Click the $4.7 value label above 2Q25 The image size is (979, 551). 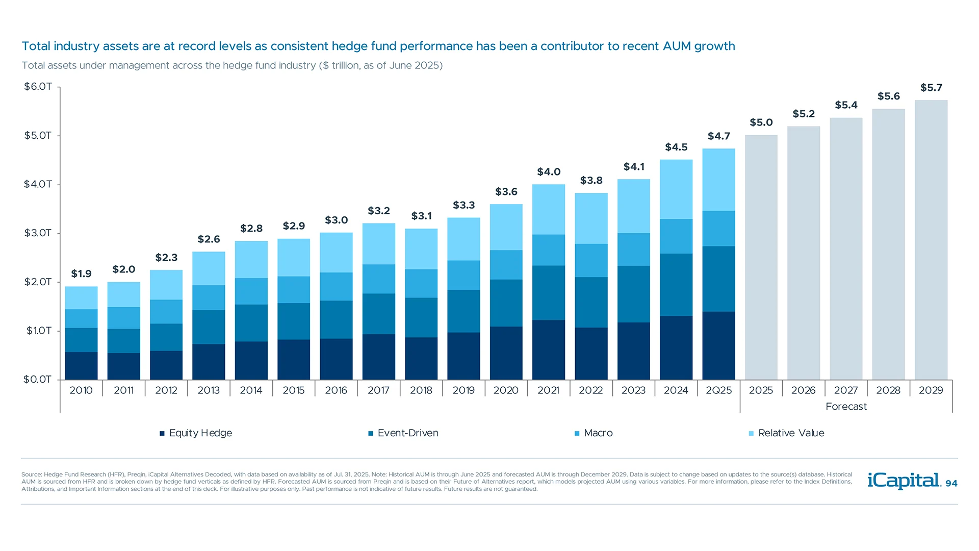pos(718,136)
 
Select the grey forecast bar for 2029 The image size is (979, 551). pos(931,240)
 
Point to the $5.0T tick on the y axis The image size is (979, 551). pos(38,136)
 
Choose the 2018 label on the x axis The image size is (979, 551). pos(421,390)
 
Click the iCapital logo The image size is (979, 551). pos(904,481)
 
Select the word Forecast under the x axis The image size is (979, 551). pos(846,407)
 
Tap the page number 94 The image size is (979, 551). pos(951,484)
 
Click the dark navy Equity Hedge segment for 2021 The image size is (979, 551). pos(548,349)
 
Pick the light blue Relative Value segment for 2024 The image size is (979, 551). pos(676,189)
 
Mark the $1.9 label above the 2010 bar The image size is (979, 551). pos(81,274)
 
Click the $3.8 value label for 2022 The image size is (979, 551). pos(591,181)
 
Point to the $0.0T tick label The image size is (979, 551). pos(37,380)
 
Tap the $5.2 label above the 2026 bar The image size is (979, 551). pos(804,114)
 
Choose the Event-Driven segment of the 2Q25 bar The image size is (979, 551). pos(718,279)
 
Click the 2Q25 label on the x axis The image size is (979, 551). pos(718,390)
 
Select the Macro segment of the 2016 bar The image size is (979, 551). pos(336,287)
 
